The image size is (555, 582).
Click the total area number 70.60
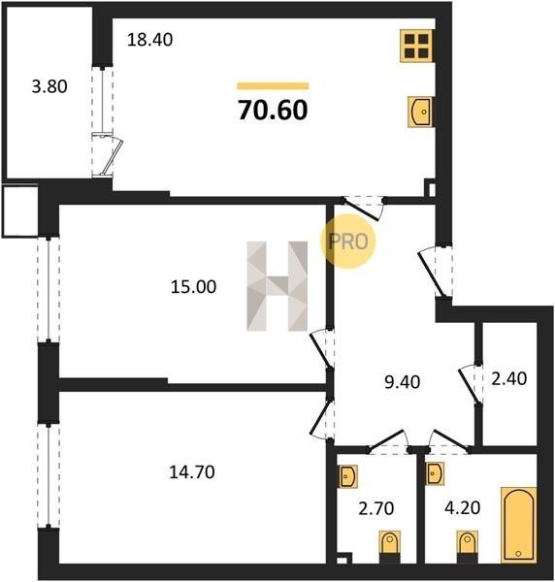(273, 111)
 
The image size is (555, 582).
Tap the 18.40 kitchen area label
(149, 40)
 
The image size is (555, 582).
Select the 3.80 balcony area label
(49, 86)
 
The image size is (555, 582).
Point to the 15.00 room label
(193, 287)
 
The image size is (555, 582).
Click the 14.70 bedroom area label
(192, 472)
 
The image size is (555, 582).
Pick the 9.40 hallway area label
(403, 382)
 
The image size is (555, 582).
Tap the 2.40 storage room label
(509, 378)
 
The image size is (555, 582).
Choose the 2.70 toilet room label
(376, 508)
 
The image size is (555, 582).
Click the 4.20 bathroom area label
(463, 507)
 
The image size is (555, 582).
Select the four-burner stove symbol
(416, 46)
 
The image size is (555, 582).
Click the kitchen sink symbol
(420, 112)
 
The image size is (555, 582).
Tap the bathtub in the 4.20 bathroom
(519, 525)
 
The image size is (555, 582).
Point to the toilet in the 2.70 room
(389, 547)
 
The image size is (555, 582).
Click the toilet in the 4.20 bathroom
(468, 547)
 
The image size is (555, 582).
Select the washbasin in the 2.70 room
(347, 476)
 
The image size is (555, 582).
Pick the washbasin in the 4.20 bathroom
(435, 473)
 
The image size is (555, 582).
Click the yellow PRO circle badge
(348, 242)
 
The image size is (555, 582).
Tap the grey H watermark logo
(277, 286)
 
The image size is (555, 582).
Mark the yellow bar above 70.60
(273, 86)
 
